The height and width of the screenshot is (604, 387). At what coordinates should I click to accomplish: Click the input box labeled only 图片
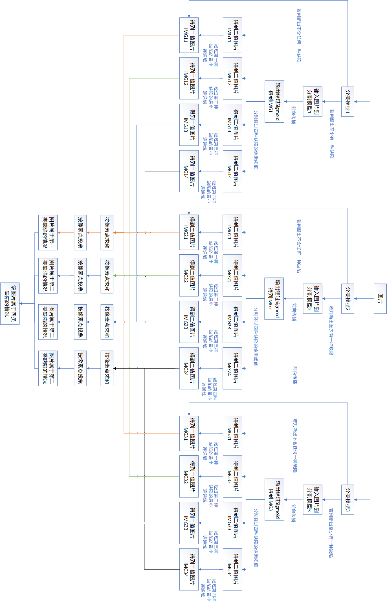380,299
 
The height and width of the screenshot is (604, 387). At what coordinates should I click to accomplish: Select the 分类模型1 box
348,102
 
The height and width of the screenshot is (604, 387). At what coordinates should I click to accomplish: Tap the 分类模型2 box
348,299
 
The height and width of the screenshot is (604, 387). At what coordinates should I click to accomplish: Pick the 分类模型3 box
348,500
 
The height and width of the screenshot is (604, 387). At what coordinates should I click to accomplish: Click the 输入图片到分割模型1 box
313,102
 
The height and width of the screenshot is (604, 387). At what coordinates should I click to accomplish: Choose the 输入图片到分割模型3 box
313,500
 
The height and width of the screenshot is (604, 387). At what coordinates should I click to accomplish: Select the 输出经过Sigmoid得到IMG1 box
274,102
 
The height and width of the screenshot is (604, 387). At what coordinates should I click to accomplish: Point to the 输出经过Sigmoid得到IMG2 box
274,299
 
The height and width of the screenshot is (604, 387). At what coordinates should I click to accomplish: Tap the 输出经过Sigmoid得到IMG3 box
274,500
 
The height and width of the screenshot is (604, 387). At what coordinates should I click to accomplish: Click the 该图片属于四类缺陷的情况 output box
10,303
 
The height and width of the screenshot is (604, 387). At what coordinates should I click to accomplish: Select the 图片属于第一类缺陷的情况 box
48,233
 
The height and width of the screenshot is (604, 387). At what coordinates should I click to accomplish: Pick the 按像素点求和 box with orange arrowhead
107,233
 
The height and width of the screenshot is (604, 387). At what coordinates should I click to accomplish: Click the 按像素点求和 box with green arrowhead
107,275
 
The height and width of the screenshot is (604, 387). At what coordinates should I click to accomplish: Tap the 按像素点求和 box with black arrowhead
107,368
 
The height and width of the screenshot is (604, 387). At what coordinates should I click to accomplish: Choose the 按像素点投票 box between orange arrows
80,233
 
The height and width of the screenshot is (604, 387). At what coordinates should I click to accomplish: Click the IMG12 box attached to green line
189,78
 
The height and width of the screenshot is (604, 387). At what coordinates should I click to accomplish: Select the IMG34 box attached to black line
189,569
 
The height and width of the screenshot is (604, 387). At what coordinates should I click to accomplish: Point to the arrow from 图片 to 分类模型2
364,299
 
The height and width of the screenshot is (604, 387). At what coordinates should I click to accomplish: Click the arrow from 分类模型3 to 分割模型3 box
332,500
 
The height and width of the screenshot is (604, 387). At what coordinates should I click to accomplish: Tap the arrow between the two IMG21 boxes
210,232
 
